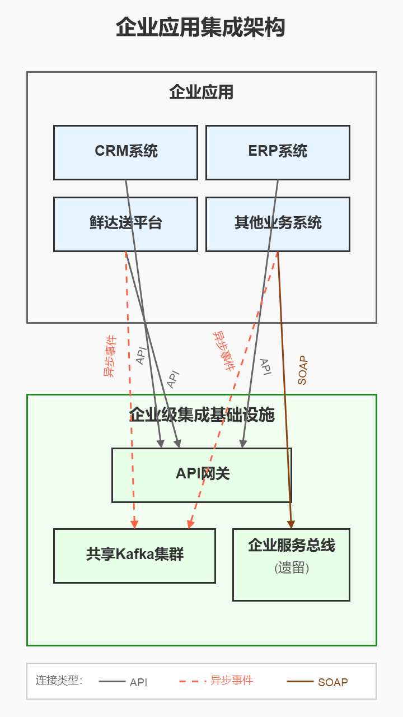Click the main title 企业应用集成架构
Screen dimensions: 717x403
pyautogui.click(x=201, y=27)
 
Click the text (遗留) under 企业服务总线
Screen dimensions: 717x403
pyautogui.click(x=292, y=568)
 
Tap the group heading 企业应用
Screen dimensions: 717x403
pyautogui.click(x=201, y=92)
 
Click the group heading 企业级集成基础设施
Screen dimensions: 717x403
pyautogui.click(x=201, y=415)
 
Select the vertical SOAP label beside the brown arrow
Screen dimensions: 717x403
pyautogui.click(x=302, y=370)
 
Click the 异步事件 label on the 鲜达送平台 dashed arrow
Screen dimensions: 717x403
pyautogui.click(x=110, y=356)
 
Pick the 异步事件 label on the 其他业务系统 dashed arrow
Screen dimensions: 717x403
pyautogui.click(x=223, y=351)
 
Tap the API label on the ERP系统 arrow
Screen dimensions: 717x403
pyautogui.click(x=265, y=367)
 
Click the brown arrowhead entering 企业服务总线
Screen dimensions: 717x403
pyautogui.click(x=291, y=524)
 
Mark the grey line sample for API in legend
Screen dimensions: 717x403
pyautogui.click(x=112, y=682)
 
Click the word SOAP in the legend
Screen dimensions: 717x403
pyautogui.click(x=332, y=682)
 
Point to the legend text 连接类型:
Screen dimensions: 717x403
pyautogui.click(x=59, y=681)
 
